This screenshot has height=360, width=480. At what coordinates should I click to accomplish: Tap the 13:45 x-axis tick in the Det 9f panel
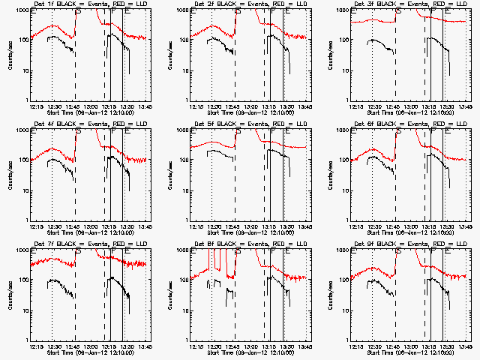coord(465,346)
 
